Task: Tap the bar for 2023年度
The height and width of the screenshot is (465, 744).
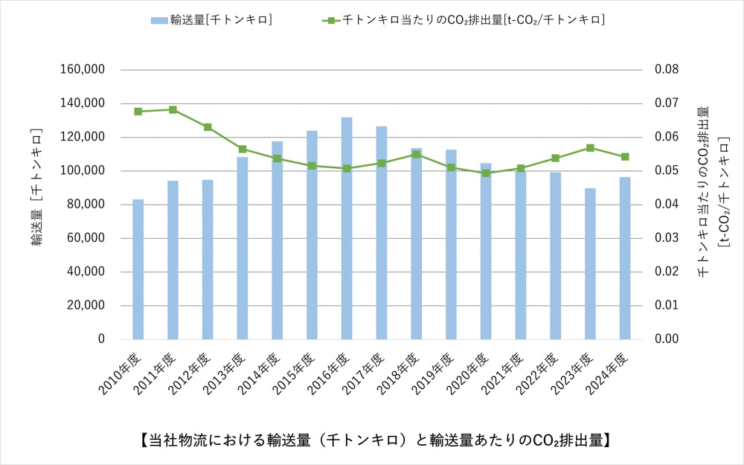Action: tap(590, 264)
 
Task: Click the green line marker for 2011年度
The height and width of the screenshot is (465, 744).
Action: tap(173, 109)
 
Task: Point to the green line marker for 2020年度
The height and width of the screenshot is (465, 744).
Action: tap(486, 173)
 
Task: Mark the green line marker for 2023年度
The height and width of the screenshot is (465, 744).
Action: tap(590, 148)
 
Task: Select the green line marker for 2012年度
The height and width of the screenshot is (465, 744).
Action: tap(208, 127)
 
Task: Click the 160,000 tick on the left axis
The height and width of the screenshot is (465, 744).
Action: tap(83, 70)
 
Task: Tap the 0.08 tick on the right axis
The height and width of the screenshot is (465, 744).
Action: tap(667, 70)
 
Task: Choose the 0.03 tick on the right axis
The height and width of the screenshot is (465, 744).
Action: tap(667, 238)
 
